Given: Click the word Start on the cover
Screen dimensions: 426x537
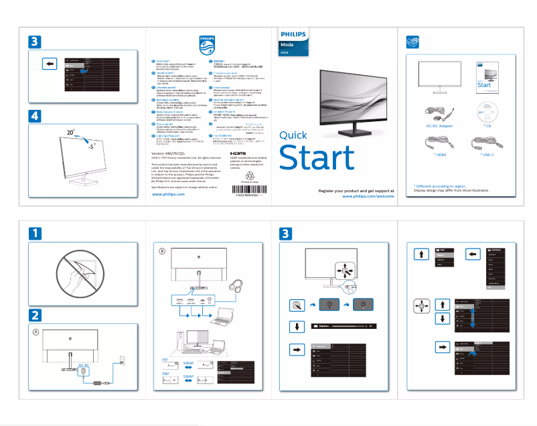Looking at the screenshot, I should point(316,158).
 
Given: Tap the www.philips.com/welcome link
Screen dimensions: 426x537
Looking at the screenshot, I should point(368,196).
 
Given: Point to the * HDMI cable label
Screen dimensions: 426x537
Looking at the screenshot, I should point(439,154).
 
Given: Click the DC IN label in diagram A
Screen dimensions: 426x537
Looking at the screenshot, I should point(83,365).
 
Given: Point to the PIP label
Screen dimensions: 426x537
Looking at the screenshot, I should point(165,360).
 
